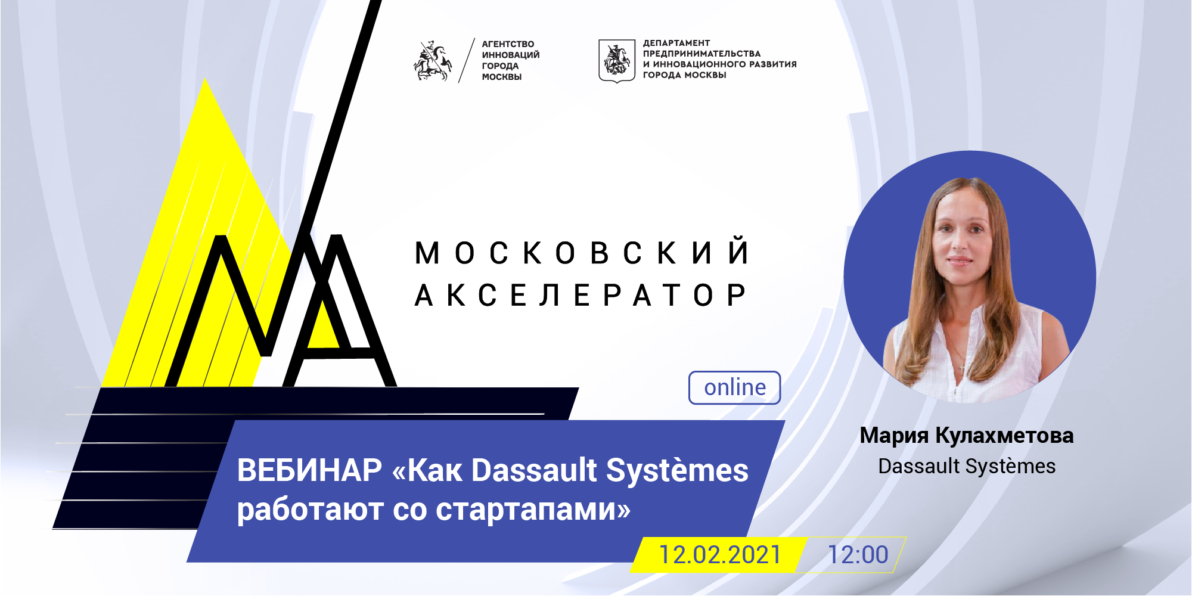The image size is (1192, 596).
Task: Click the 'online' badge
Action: [x=734, y=387]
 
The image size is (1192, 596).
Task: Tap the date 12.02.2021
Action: [x=719, y=555]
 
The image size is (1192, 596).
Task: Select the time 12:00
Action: [x=858, y=555]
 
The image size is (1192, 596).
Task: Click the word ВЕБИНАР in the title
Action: [x=309, y=470]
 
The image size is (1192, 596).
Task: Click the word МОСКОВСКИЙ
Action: [x=582, y=252]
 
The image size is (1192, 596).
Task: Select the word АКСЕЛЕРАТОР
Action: [x=580, y=295]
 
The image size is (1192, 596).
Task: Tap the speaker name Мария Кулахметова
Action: [x=966, y=436]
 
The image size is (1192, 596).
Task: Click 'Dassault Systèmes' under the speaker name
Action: [x=967, y=466]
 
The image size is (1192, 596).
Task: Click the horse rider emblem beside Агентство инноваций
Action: [x=433, y=61]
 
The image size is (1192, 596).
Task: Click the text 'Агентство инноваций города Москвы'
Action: [x=511, y=60]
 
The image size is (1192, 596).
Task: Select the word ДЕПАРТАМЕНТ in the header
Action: [x=676, y=43]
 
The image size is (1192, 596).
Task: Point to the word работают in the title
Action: [x=310, y=510]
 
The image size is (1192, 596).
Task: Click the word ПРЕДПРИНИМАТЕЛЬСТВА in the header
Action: [x=701, y=54]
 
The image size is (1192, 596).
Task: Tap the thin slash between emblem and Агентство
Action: [x=467, y=60]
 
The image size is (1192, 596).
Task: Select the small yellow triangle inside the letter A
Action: [x=322, y=325]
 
